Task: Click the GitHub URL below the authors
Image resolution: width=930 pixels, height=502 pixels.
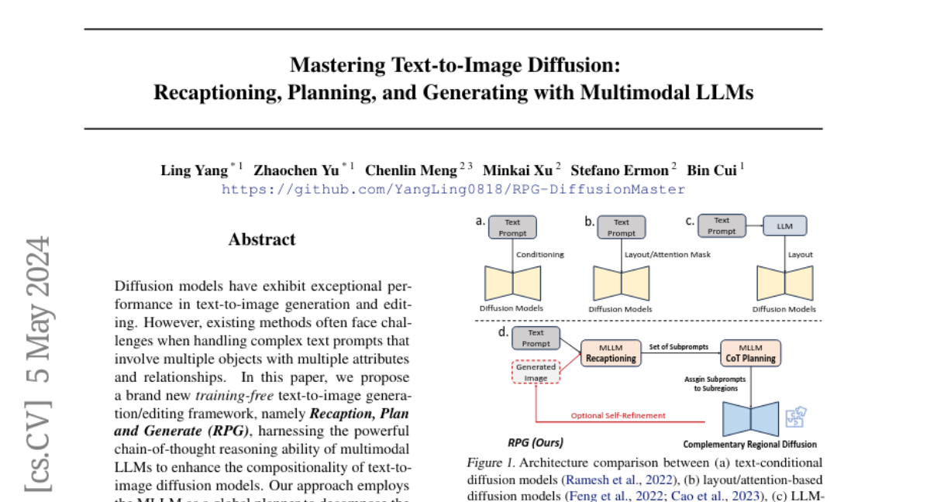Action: tap(453, 189)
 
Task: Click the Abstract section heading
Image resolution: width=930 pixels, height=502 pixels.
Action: tap(262, 239)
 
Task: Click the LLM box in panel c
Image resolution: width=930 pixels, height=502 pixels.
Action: tap(784, 226)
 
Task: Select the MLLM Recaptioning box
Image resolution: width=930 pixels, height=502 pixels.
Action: tap(611, 352)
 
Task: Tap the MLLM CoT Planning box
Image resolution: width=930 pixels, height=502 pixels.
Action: tap(749, 352)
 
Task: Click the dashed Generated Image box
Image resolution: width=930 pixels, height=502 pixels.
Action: tap(536, 373)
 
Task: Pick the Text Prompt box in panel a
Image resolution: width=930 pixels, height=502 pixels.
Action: tap(513, 227)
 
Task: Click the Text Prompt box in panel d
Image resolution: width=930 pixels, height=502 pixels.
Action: tap(536, 338)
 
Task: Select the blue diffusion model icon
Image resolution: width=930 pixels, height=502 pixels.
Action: tap(750, 419)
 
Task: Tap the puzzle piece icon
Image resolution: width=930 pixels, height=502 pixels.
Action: tap(795, 418)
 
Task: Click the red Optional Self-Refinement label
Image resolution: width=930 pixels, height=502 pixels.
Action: tap(618, 416)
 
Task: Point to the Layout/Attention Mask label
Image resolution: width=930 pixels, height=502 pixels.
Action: tap(667, 254)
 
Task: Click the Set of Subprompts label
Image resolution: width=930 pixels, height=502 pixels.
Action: tap(679, 347)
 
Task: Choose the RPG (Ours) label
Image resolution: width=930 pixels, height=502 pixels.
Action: tap(536, 443)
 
